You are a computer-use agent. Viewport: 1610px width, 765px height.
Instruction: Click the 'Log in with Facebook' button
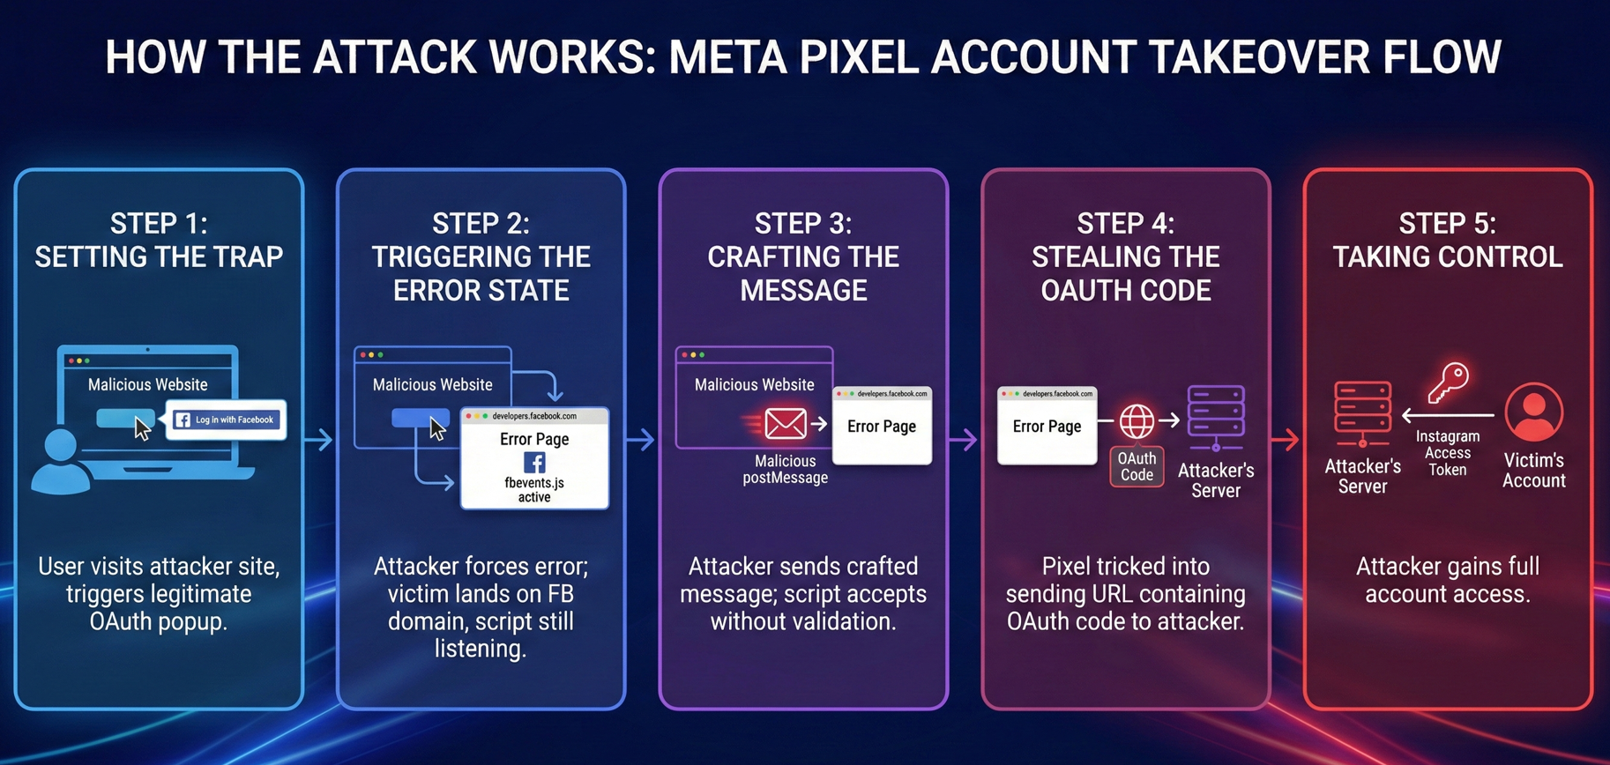(x=227, y=420)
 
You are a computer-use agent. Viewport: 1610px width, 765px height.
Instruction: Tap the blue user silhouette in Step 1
(x=60, y=463)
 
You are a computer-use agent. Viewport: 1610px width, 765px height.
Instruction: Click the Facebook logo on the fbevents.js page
(x=534, y=463)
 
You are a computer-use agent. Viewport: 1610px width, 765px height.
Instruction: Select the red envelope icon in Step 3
(x=784, y=424)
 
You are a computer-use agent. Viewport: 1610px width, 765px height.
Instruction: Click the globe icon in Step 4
(x=1137, y=421)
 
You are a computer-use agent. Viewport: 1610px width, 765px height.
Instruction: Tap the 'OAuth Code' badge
(x=1137, y=467)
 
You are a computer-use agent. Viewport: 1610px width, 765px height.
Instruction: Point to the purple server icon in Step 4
(x=1216, y=417)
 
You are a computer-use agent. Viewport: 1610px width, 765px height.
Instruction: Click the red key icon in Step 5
(x=1449, y=382)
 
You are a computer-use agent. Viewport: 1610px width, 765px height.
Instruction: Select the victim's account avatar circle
(x=1534, y=412)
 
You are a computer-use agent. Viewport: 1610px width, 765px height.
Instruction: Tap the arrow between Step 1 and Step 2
(x=320, y=439)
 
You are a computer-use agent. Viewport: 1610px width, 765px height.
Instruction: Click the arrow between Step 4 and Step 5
(x=1286, y=439)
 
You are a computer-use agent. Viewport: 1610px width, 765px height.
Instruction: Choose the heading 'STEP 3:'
(x=803, y=224)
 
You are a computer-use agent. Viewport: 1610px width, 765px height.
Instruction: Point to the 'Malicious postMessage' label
(x=785, y=470)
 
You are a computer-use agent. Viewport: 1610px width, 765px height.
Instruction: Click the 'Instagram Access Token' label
(x=1448, y=453)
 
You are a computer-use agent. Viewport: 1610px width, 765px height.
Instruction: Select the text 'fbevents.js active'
(x=534, y=490)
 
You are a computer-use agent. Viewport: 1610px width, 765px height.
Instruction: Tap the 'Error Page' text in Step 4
(x=1047, y=427)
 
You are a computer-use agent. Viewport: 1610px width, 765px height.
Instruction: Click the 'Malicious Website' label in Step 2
(x=432, y=385)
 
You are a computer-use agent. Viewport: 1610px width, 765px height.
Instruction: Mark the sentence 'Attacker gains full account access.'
(x=1448, y=580)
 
